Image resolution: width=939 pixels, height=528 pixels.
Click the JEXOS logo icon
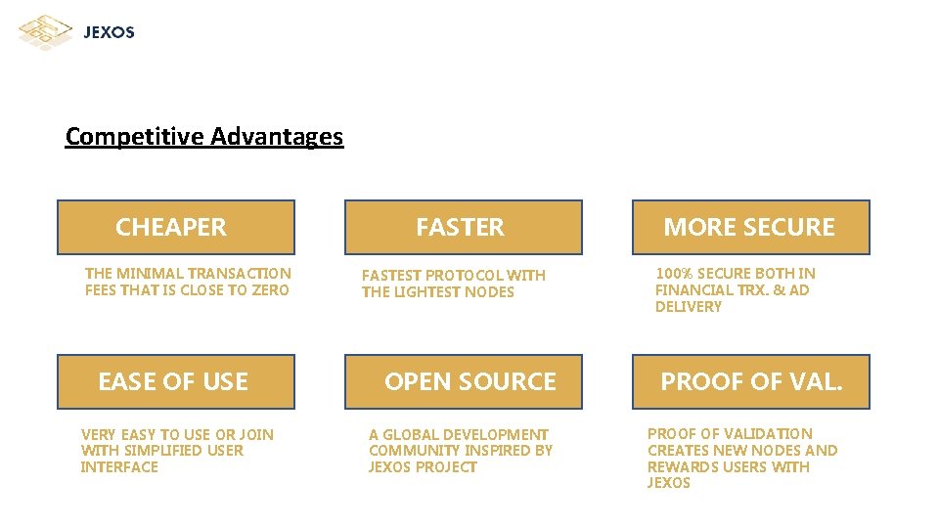coord(45,31)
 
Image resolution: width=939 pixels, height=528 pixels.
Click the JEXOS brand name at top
coord(109,32)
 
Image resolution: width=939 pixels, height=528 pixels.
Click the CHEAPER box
coord(176,227)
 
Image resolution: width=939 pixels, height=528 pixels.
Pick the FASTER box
coord(463,227)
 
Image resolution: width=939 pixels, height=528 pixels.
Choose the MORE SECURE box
coord(750,227)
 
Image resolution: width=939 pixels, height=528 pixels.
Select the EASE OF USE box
coord(176,381)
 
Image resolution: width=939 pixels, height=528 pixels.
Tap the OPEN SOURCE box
coord(463,381)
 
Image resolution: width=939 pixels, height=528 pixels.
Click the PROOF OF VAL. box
coord(750,381)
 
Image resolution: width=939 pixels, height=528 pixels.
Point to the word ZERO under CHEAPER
coord(270,290)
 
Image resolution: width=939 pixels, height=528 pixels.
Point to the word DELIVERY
coord(689,307)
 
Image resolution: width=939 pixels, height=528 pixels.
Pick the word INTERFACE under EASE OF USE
coord(119,467)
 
